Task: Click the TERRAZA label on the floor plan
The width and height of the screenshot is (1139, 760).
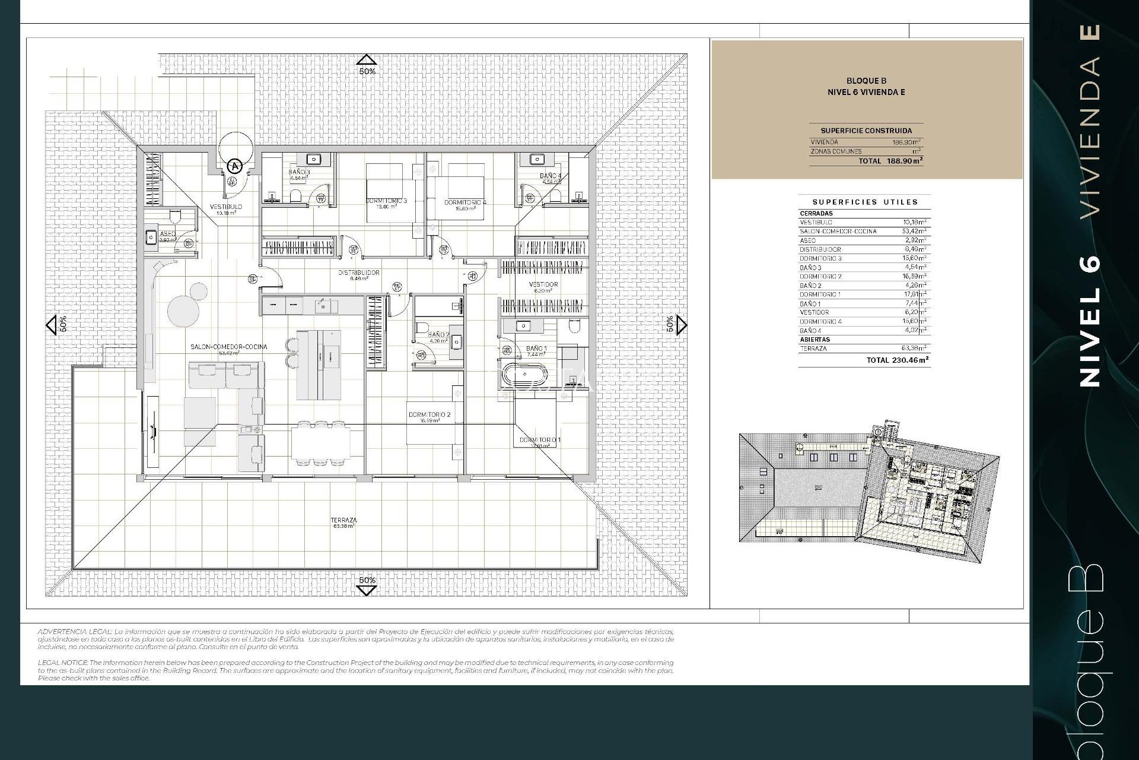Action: click(x=343, y=520)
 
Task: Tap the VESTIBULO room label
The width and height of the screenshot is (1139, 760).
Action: click(x=226, y=207)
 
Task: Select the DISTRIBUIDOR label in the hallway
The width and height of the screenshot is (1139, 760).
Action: click(x=359, y=273)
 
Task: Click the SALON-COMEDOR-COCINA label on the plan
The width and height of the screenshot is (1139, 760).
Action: click(x=228, y=347)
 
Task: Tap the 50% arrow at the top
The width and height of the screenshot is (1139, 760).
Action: click(x=367, y=60)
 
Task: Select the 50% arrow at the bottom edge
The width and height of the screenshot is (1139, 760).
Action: click(x=367, y=590)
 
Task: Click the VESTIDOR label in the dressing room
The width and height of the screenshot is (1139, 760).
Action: click(x=543, y=285)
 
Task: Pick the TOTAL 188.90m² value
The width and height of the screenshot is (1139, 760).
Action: click(x=890, y=161)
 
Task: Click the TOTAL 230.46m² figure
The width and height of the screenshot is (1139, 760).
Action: click(x=897, y=360)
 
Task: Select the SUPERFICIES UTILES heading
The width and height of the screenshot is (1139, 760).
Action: click(x=865, y=202)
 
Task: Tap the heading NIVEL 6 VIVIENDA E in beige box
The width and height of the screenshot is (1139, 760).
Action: click(x=866, y=92)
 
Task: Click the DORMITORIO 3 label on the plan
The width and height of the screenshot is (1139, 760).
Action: click(x=386, y=201)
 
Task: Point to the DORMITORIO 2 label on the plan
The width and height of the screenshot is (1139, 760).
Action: click(x=429, y=414)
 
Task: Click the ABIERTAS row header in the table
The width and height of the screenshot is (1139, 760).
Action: click(x=815, y=340)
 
